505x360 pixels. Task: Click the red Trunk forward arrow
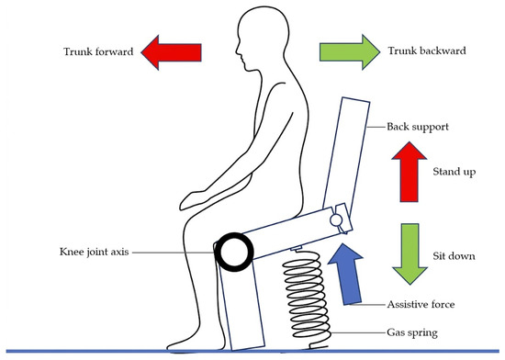(172, 52)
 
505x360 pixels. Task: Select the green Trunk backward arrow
(350, 51)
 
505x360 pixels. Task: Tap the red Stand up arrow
(409, 172)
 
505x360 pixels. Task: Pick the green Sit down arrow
(410, 254)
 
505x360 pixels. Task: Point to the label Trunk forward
(98, 51)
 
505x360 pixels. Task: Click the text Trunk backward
(427, 51)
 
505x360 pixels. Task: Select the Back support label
(418, 127)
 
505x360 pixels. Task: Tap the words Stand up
(454, 172)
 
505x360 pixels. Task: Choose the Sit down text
(454, 256)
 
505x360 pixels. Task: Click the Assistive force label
(421, 304)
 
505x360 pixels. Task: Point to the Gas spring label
(412, 332)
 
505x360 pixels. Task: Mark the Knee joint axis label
(94, 252)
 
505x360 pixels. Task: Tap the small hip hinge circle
(336, 219)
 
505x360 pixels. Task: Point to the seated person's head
(263, 36)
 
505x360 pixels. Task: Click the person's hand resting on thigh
(195, 200)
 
